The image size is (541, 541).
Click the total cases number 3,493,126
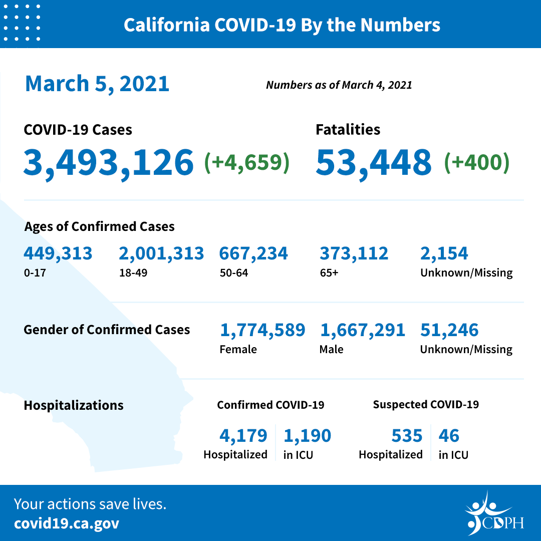click(108, 162)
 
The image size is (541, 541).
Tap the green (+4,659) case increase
click(246, 162)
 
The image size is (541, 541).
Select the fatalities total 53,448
click(373, 162)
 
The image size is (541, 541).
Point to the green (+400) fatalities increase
click(476, 162)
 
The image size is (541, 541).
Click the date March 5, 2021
click(97, 83)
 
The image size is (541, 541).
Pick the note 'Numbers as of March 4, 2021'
click(339, 85)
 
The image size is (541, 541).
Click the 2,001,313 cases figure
click(161, 253)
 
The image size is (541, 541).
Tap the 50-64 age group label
click(233, 273)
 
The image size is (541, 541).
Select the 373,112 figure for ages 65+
click(354, 253)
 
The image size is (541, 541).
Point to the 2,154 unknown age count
click(444, 253)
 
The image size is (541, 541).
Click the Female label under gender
click(238, 349)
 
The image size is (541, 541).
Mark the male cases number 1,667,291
click(362, 330)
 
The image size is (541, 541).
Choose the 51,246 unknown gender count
click(449, 330)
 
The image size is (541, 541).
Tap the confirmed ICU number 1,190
click(307, 436)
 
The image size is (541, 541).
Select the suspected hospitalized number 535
click(407, 436)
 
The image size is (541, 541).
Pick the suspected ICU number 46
click(449, 436)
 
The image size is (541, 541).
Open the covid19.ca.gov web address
click(67, 523)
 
